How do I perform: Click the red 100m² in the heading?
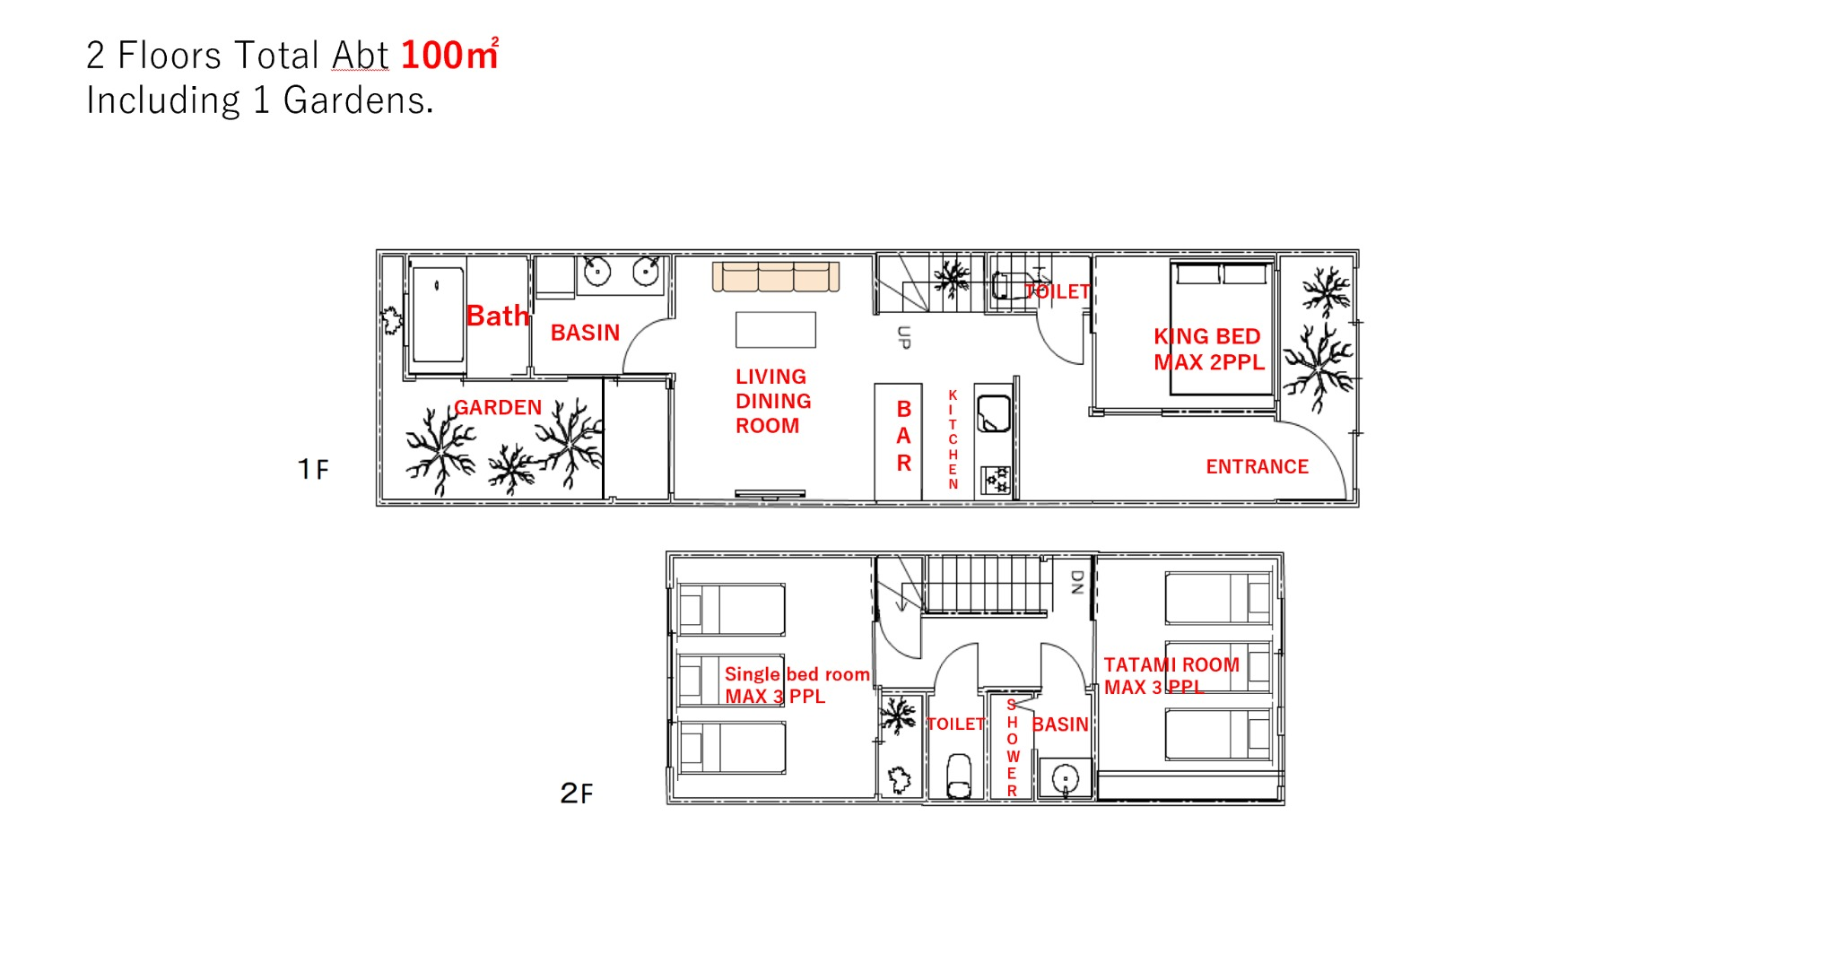[449, 54]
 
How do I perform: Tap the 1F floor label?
[314, 469]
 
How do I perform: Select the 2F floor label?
[577, 793]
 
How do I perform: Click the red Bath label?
[498, 316]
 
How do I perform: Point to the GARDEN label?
[498, 407]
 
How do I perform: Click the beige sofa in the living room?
[776, 276]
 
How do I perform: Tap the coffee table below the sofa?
[776, 329]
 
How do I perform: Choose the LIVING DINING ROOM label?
[773, 401]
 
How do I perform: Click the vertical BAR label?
[904, 436]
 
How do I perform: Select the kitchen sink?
[994, 414]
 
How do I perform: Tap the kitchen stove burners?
[996, 480]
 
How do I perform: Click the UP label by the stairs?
[904, 337]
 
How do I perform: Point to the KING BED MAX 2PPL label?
[1209, 349]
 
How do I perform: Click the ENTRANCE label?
[1257, 466]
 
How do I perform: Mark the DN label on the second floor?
[1077, 583]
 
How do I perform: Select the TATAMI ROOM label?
[1171, 664]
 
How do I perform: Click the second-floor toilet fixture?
[959, 776]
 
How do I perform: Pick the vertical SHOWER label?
[1012, 748]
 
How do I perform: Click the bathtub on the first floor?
[438, 314]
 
